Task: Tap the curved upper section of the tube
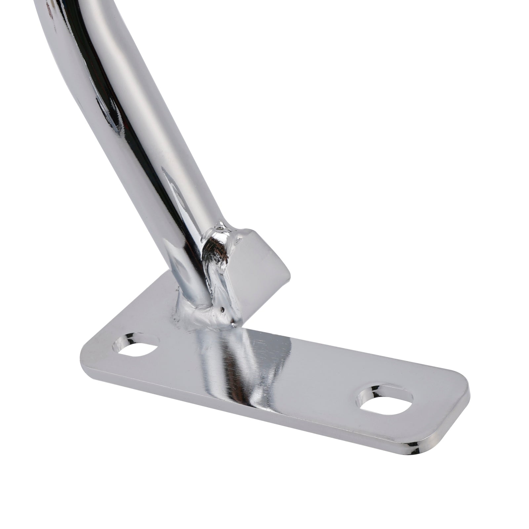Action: coord(83,50)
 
